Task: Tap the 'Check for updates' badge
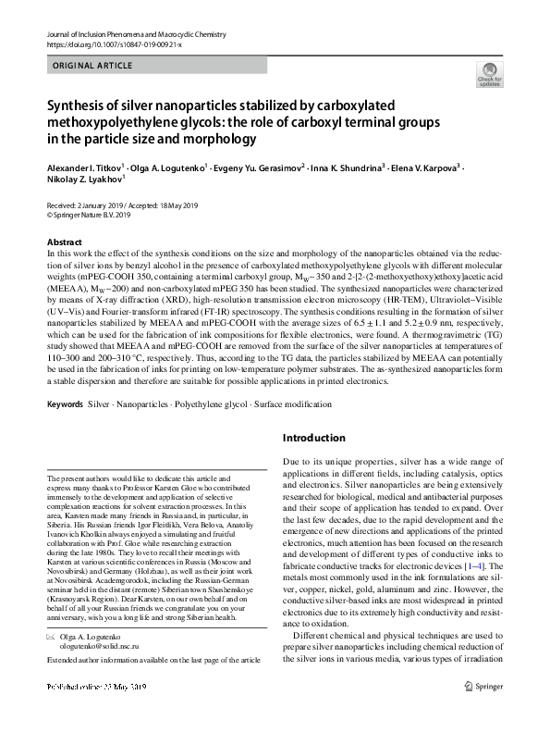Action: coord(488,73)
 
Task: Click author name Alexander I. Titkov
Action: coord(91,170)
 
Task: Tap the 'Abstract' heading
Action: coord(64,241)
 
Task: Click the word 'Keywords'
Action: coord(65,405)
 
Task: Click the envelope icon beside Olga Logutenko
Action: coord(52,639)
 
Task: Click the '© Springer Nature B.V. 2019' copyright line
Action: coord(89,215)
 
